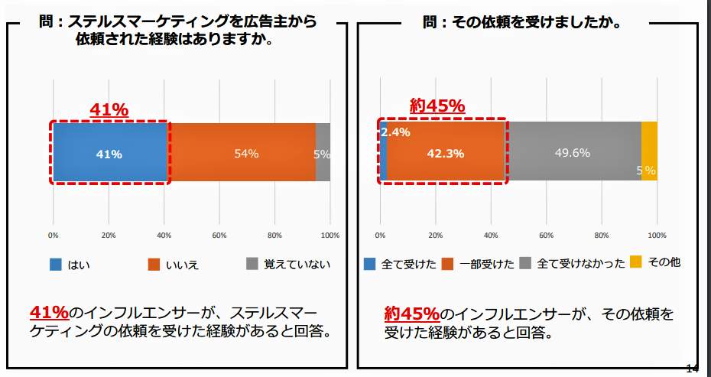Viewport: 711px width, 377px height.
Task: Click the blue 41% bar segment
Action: pos(109,153)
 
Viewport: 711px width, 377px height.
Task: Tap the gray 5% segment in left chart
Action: pos(323,153)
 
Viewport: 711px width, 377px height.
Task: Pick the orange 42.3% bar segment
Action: pos(446,153)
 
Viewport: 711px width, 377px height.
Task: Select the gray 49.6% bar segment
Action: pos(573,153)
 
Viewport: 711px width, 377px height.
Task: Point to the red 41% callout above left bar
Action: pos(109,110)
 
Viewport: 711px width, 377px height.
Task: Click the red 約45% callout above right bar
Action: pos(437,106)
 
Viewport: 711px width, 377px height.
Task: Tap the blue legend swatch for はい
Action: pos(56,265)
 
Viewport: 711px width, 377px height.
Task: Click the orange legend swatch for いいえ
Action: pos(154,265)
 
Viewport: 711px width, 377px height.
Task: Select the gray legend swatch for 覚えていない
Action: pos(252,264)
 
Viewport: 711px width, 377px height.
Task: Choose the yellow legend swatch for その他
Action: pos(635,262)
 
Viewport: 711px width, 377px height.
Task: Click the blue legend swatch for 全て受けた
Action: pos(369,264)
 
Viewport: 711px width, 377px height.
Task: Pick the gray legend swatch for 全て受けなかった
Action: pos(525,264)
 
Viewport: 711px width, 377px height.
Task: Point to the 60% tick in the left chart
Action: pos(219,235)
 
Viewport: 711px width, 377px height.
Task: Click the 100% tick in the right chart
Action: pos(657,235)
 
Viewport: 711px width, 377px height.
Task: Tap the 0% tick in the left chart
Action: pos(54,235)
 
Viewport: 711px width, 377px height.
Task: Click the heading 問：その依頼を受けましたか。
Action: pos(521,23)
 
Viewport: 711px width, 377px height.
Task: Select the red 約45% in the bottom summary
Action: pos(411,314)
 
